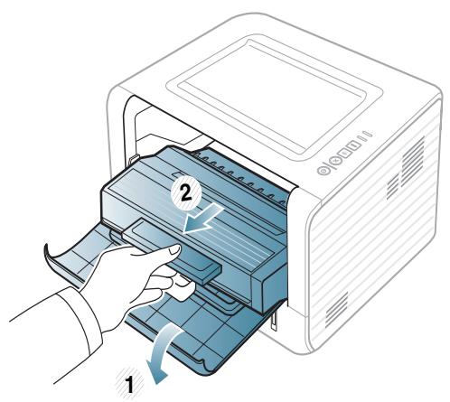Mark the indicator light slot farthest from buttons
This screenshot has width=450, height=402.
click(x=369, y=160)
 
